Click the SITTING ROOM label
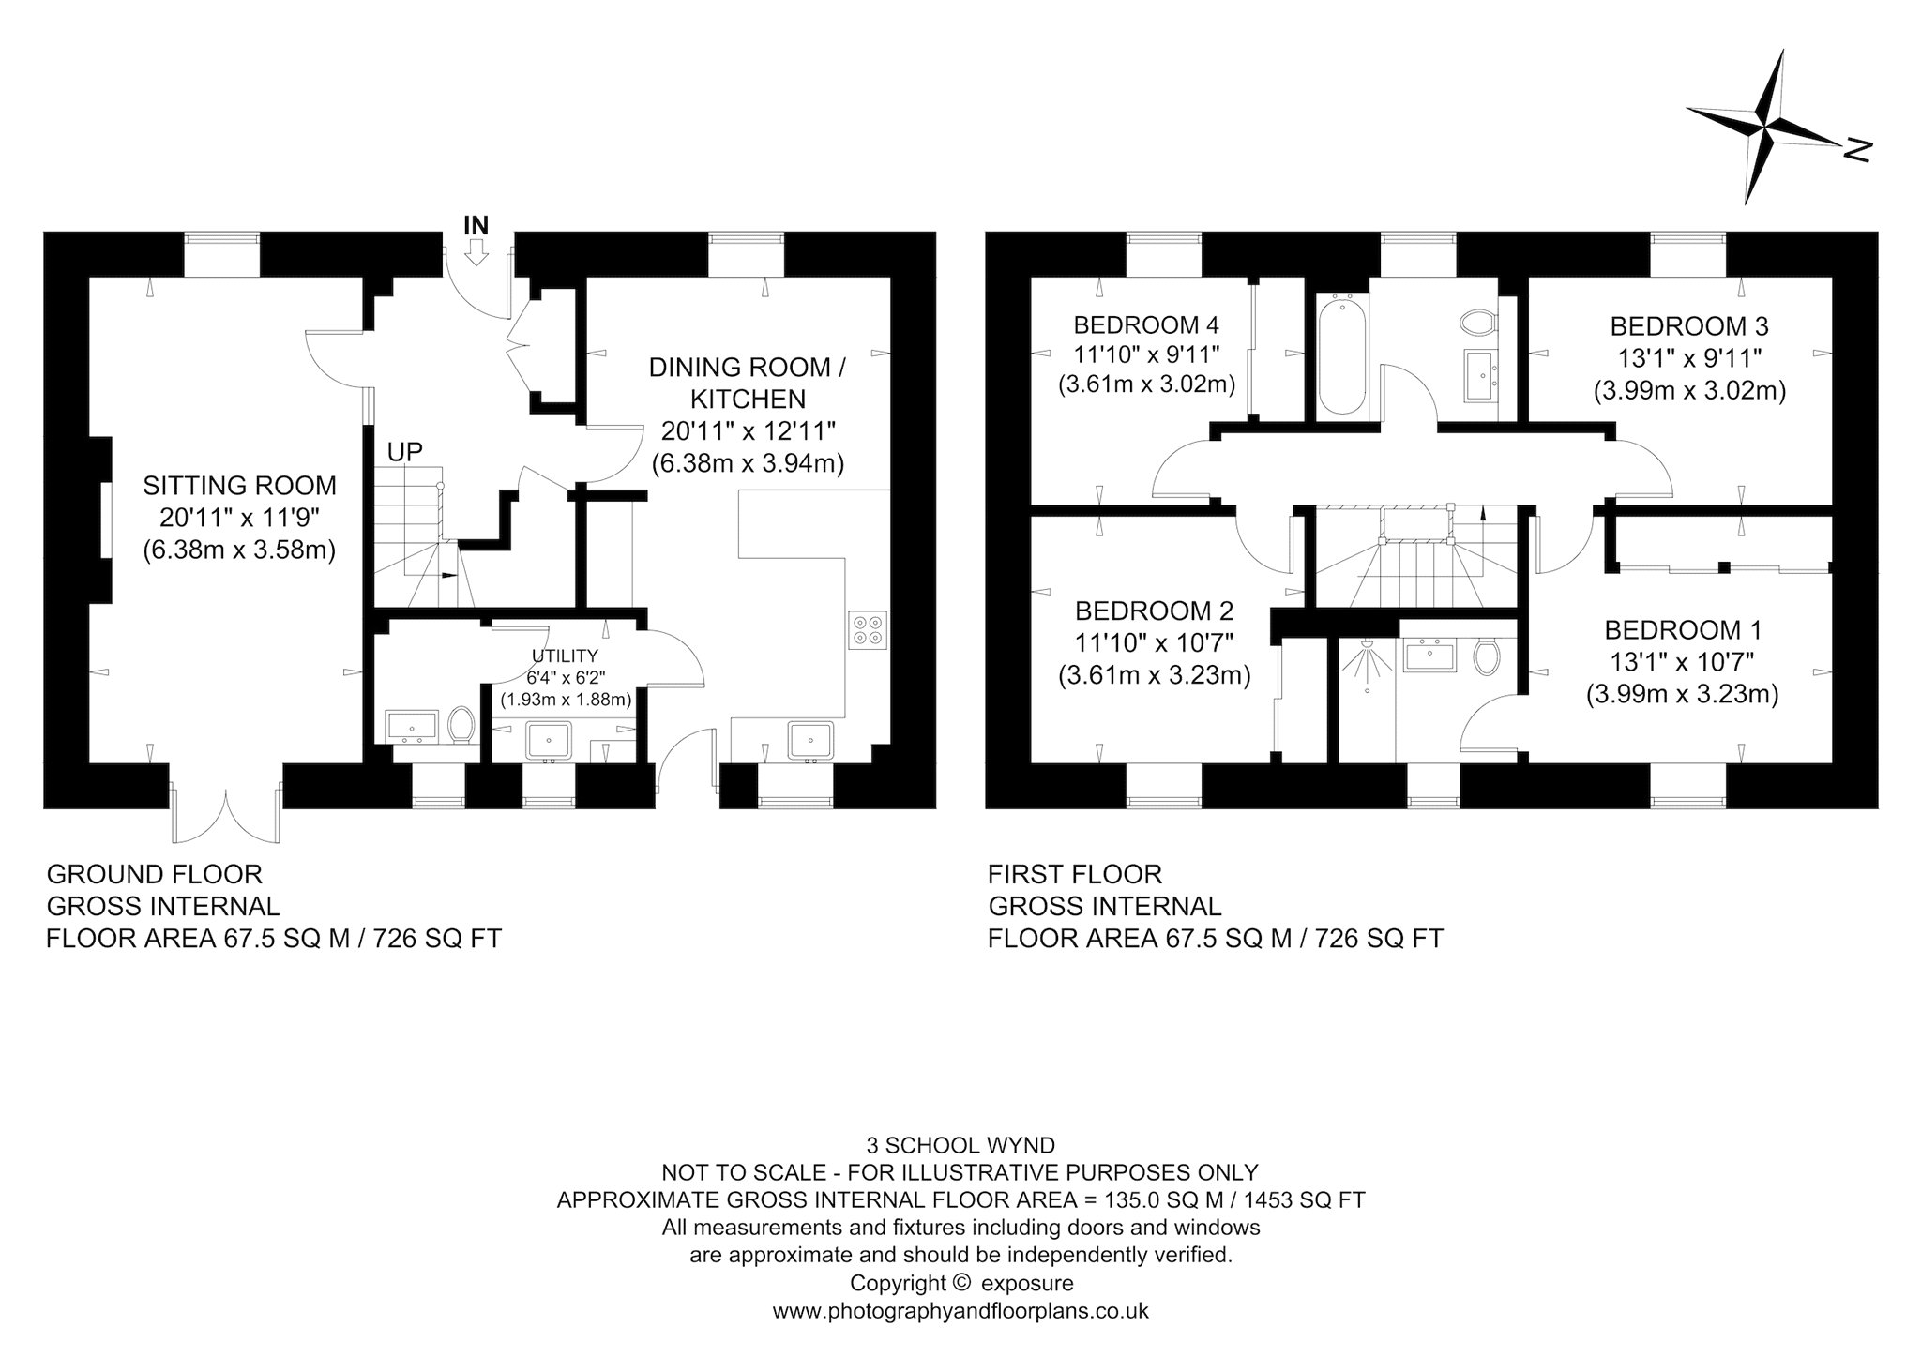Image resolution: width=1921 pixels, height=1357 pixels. (239, 486)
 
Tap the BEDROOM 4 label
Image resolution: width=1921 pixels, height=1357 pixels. (1146, 325)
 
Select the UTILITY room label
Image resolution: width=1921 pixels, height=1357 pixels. (565, 656)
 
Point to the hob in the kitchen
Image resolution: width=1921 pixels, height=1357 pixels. (868, 629)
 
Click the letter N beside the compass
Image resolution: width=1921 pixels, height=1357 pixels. (1857, 150)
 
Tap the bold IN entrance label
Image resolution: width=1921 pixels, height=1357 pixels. (476, 225)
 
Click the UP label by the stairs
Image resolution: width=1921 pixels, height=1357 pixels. (405, 452)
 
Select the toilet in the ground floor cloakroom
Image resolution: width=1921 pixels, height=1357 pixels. (460, 725)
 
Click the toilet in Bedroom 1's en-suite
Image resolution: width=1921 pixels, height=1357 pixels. (1486, 656)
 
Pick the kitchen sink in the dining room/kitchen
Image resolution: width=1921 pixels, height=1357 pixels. (809, 739)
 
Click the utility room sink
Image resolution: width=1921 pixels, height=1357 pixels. (549, 740)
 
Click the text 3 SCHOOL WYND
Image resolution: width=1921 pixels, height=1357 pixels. (961, 1145)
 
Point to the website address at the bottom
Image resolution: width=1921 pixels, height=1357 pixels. (960, 1310)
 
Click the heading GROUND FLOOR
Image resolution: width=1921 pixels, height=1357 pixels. (155, 874)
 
